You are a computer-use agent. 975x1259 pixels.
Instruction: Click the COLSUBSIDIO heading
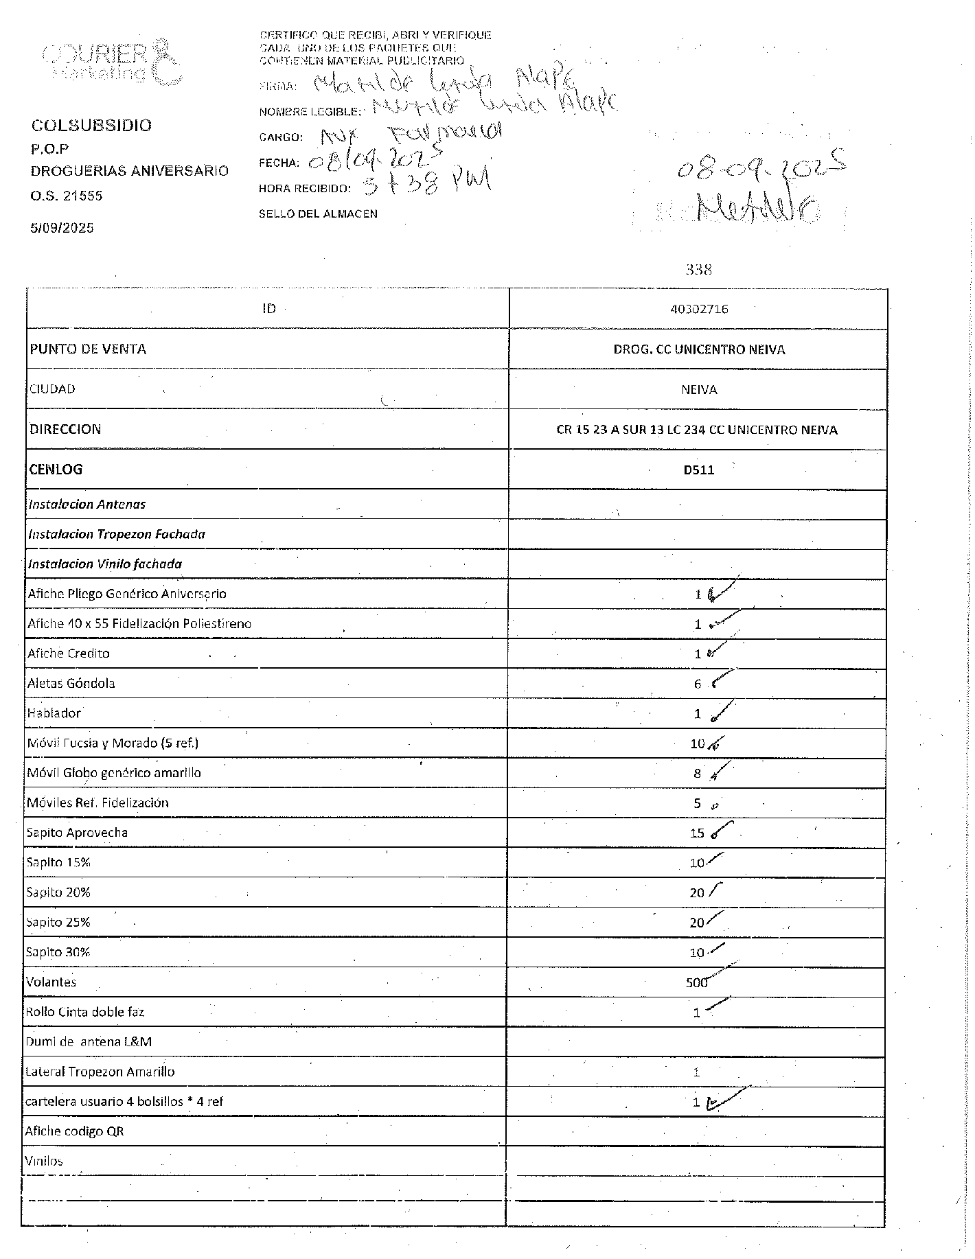pos(91,126)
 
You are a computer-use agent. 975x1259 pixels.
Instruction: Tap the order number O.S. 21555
pos(66,196)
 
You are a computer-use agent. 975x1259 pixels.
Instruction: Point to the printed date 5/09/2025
pos(62,228)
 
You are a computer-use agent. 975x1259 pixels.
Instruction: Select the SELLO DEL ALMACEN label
pos(318,214)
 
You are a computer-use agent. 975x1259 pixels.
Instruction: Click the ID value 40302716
pos(699,310)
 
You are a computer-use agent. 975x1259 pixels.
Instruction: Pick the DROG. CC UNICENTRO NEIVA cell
pos(699,350)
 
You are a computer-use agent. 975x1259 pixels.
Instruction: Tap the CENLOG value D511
pos(699,470)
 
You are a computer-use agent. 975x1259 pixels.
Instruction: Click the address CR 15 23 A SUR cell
pos(696,430)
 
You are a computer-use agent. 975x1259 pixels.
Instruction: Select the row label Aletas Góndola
pos(71,684)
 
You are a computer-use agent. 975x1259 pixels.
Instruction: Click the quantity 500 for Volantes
pos(696,983)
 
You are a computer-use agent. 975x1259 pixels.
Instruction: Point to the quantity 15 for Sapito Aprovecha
pos(697,833)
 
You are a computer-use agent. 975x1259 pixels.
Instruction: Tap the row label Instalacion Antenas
pos(87,505)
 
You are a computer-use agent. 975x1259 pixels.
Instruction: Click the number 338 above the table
pos(699,270)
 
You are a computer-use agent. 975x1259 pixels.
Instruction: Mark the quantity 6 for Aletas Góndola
pos(697,684)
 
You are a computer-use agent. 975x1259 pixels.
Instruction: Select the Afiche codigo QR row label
pos(74,1131)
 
